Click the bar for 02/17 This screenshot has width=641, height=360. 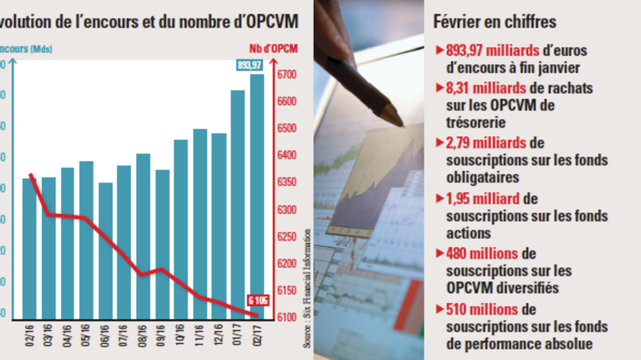(x=257, y=196)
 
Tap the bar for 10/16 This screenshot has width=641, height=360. (x=181, y=229)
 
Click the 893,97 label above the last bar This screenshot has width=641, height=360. (x=250, y=65)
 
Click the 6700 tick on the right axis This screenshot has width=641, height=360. (x=288, y=75)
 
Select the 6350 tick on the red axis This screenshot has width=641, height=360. (x=288, y=183)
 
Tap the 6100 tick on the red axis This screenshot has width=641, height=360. (x=288, y=317)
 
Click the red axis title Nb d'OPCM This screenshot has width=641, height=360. (x=273, y=48)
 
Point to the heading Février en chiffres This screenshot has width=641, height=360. (x=494, y=22)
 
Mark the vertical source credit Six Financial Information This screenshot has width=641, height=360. (x=307, y=288)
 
